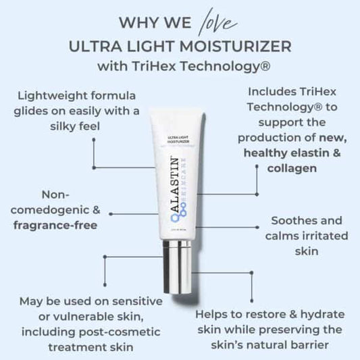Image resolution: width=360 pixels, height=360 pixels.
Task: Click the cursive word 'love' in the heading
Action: [217, 22]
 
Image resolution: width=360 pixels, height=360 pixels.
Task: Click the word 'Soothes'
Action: [288, 220]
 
